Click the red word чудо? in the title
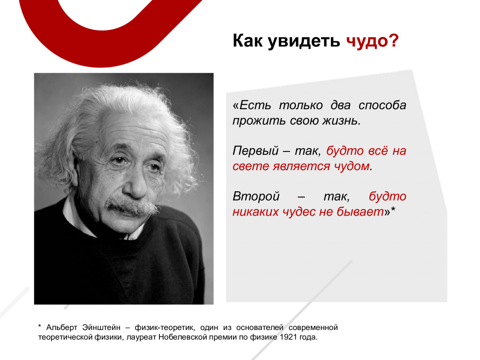click(x=372, y=41)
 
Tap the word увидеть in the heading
click(x=304, y=41)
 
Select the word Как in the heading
click(x=247, y=40)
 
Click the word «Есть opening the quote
click(x=252, y=105)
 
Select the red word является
click(x=301, y=167)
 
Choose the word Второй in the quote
click(x=256, y=196)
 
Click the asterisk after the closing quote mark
click(x=393, y=209)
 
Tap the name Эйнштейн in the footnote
click(x=101, y=328)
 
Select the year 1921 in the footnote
click(x=286, y=337)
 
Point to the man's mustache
click(x=132, y=205)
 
